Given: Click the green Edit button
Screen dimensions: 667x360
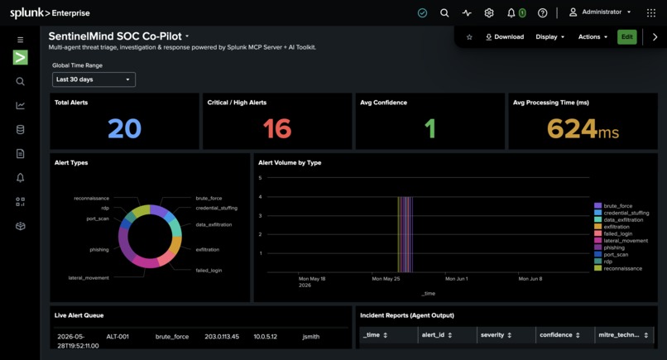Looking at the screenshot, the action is point(627,37).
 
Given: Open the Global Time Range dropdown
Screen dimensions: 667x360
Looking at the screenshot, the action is point(94,79).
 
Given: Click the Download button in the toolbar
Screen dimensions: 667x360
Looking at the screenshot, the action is point(505,37).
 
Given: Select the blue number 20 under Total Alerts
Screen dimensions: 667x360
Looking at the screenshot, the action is point(124,128).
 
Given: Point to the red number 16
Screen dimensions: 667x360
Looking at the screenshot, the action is point(277,128).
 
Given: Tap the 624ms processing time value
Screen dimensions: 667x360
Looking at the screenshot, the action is point(583,128).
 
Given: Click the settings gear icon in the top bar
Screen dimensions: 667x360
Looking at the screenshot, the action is point(489,12).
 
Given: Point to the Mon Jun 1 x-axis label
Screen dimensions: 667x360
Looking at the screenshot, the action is point(457,279).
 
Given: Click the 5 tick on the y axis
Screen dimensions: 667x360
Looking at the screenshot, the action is point(260,178).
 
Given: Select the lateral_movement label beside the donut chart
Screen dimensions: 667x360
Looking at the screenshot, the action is point(89,278).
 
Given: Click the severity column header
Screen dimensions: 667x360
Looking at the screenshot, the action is point(496,335).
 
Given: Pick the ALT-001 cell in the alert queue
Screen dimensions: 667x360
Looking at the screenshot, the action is point(118,337).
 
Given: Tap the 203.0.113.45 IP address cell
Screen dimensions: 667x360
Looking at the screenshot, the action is point(222,337).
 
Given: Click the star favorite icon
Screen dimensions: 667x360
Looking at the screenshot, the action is point(469,37).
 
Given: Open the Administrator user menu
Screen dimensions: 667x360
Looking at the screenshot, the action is point(600,12).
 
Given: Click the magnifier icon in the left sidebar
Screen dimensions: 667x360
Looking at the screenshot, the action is point(20,81).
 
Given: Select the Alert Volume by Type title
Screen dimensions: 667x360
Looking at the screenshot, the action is point(290,162).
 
